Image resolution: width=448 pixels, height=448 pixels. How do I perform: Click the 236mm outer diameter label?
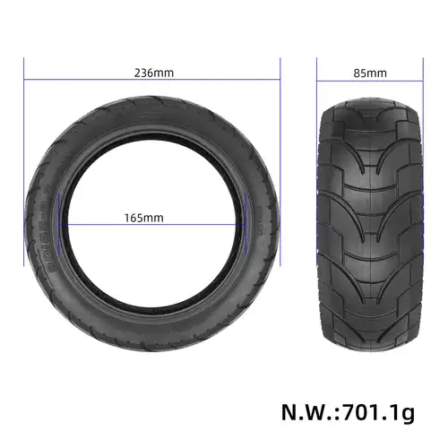pos(152,73)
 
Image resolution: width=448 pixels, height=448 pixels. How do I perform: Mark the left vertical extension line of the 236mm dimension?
pos(24,161)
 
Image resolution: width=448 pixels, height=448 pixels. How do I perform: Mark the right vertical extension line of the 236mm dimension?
pos(281,161)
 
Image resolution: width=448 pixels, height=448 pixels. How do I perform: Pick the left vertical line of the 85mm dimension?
pos(318,81)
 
